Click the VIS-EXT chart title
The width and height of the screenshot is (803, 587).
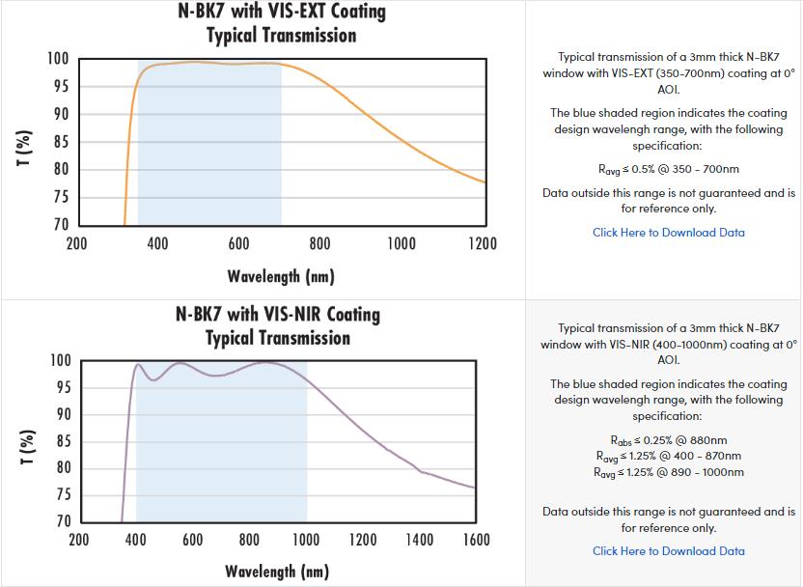click(281, 23)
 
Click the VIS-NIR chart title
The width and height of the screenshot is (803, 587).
click(278, 325)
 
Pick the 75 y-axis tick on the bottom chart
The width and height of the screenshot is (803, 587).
click(60, 495)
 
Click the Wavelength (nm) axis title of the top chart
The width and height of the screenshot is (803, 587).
click(281, 277)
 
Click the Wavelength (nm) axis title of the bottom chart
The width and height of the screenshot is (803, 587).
click(277, 572)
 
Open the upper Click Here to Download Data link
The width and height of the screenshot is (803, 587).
click(669, 233)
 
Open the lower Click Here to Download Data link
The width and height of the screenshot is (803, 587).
click(669, 551)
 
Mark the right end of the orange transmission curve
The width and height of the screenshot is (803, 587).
click(485, 182)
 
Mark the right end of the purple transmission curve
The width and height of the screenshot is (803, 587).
click(474, 488)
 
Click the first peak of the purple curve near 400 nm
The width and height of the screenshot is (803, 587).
click(138, 365)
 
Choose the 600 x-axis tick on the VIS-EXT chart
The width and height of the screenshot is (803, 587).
click(239, 243)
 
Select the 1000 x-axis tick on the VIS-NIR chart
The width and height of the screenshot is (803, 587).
click(306, 540)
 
